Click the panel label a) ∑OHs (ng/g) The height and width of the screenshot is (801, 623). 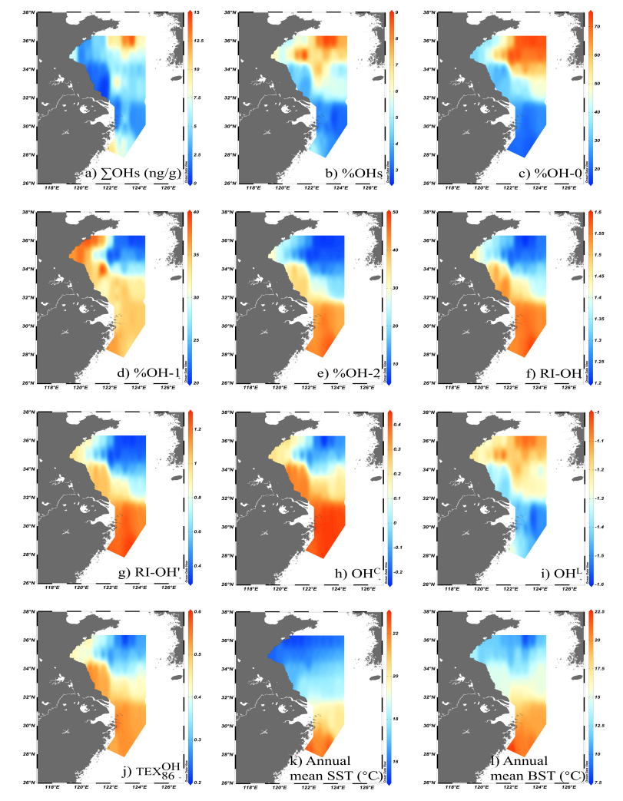133,172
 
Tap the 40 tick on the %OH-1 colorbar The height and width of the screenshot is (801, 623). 197,213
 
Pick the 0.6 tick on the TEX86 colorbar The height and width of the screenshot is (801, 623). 197,613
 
